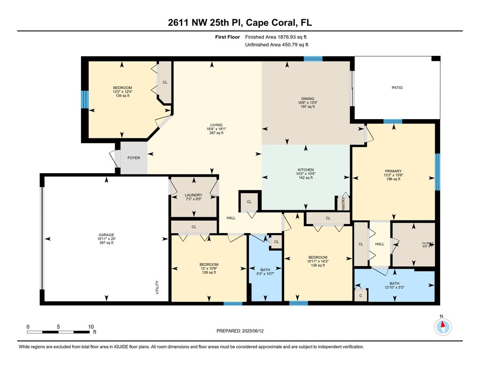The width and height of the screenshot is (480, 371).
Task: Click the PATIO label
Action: (x=397, y=88)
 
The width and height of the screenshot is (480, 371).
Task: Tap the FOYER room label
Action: (x=134, y=158)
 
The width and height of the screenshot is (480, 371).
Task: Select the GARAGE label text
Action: (x=106, y=235)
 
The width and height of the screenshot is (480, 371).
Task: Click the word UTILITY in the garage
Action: (x=157, y=288)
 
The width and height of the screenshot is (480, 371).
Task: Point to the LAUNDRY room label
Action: (x=194, y=195)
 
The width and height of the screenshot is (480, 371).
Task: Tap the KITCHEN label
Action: (x=306, y=170)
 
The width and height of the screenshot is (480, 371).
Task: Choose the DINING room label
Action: (x=307, y=98)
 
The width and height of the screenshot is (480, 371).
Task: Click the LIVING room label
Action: (x=216, y=125)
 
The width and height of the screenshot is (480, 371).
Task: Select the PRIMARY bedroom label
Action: (x=393, y=171)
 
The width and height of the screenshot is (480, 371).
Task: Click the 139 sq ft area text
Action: (x=122, y=96)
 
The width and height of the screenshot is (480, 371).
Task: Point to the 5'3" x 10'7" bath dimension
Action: (x=265, y=274)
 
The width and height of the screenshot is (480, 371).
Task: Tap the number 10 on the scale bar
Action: (x=91, y=326)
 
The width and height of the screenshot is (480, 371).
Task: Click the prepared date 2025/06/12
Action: (x=253, y=331)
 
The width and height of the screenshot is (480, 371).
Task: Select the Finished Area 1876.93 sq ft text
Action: (x=276, y=37)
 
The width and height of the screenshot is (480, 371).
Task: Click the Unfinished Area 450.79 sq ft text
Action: (x=277, y=45)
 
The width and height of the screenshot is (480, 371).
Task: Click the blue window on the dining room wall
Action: (x=313, y=59)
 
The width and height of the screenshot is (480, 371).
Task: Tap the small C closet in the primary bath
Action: (x=360, y=295)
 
